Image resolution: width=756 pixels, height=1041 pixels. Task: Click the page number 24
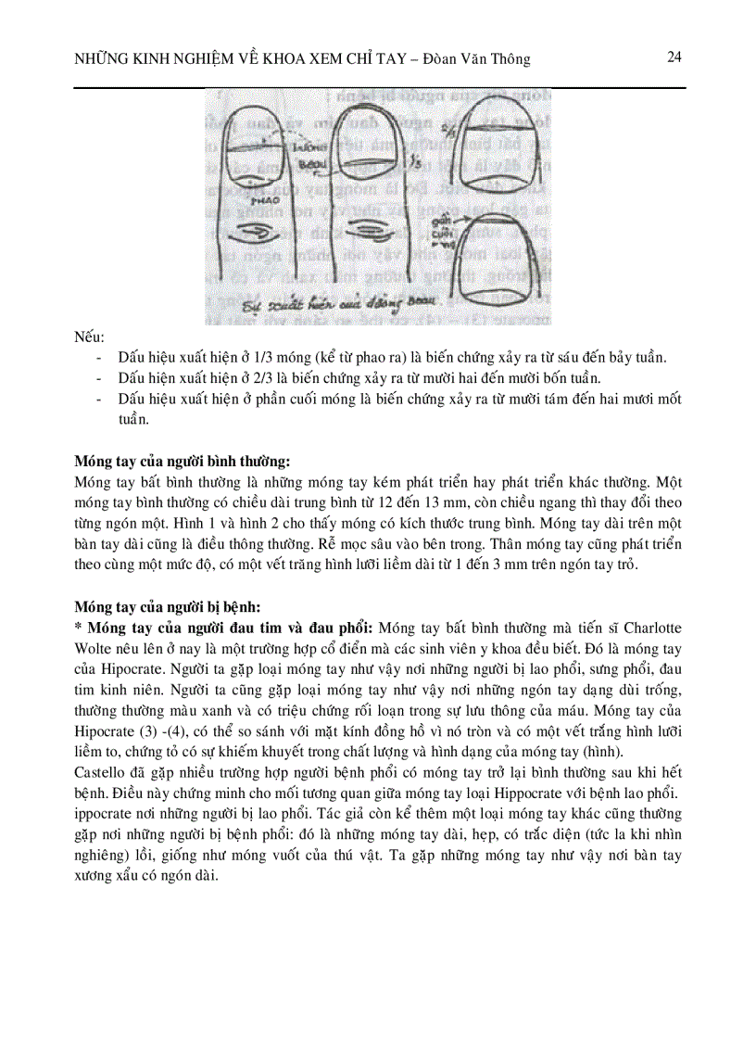(x=674, y=57)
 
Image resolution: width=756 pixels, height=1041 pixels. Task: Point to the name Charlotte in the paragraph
(x=651, y=628)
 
